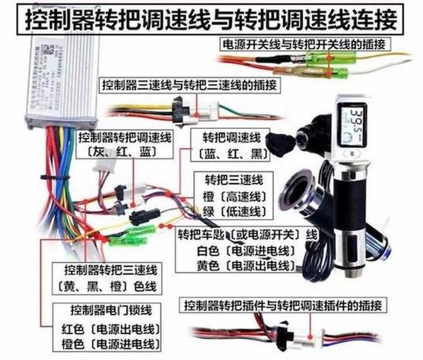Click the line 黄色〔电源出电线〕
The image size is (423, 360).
(x=237, y=266)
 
